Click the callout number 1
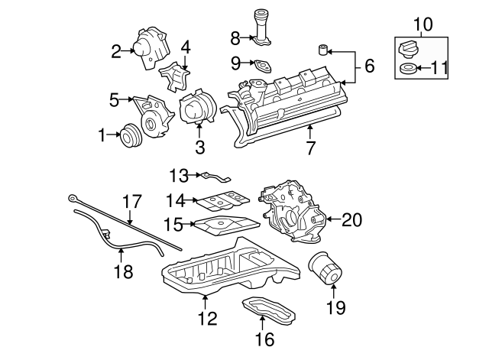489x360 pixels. [x=101, y=136]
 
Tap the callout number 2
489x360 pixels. [x=116, y=52]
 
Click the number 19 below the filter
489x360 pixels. [x=335, y=308]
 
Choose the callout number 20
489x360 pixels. [x=351, y=220]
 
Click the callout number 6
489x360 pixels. [x=369, y=66]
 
